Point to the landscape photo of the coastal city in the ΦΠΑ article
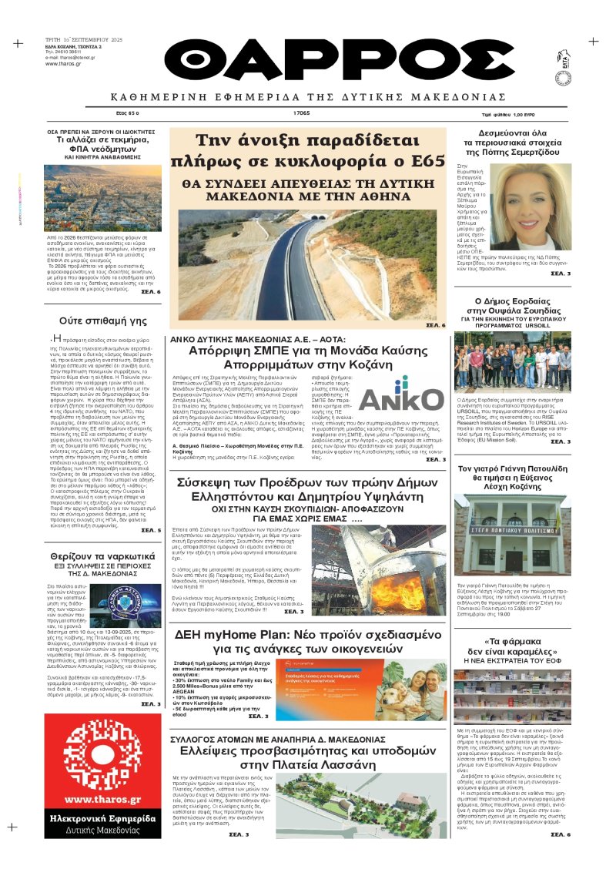[102, 197]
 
